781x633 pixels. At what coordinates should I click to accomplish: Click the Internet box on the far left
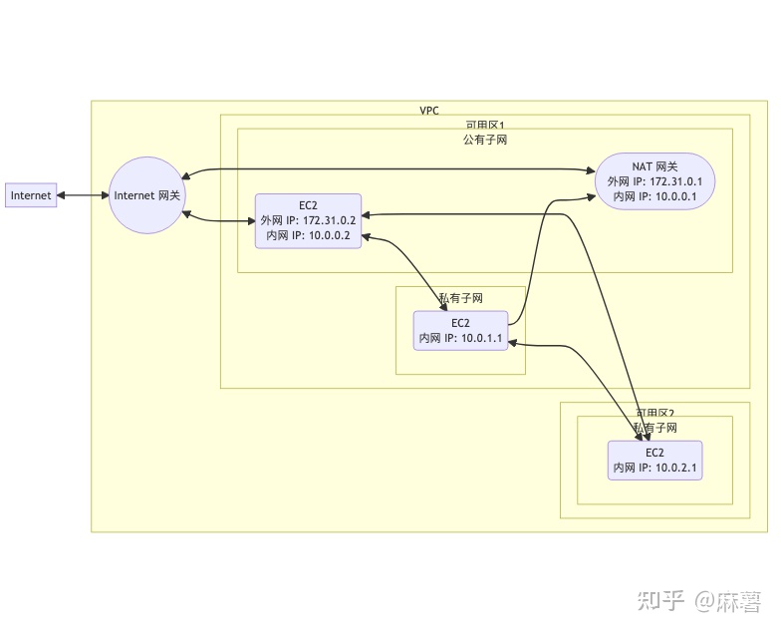30,195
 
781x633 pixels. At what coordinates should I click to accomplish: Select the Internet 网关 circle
146,195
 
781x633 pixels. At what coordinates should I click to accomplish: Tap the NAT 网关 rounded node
654,182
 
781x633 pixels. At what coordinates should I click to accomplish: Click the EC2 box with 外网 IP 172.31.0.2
308,220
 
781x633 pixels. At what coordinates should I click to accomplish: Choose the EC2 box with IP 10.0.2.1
654,460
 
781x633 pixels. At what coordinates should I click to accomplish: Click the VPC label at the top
429,110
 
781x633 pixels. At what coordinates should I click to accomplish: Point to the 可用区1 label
485,126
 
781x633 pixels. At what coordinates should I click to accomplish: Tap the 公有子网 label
485,140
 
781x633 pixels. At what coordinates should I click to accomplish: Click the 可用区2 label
654,413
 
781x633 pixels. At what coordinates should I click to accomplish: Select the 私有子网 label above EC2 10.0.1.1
461,298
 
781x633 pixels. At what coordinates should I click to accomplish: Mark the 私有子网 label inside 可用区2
654,427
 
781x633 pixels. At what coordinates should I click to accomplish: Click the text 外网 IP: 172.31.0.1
654,182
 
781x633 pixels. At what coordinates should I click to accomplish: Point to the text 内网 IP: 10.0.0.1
654,197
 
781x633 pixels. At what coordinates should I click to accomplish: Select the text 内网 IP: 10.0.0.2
308,235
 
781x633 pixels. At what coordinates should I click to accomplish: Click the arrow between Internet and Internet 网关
82,195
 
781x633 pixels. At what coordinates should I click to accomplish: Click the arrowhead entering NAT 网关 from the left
589,196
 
